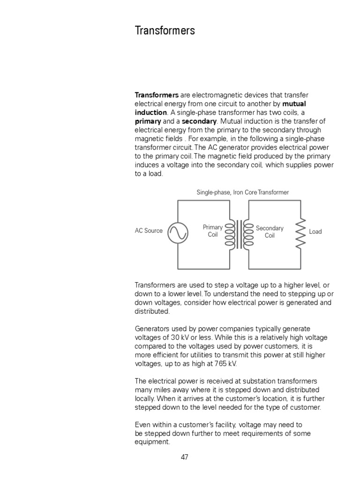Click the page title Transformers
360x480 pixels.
165,31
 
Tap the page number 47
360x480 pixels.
184,457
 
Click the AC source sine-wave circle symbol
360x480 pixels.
178,233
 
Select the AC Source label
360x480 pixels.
149,231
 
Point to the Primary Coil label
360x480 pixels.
212,231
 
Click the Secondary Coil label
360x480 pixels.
270,232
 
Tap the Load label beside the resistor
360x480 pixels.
315,232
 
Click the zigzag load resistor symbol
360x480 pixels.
300,233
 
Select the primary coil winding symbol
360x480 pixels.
230,234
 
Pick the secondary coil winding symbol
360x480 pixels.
249,234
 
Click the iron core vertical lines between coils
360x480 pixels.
240,234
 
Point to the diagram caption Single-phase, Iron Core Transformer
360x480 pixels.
243,192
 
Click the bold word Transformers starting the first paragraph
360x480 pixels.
157,95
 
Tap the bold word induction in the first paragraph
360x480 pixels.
150,112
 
